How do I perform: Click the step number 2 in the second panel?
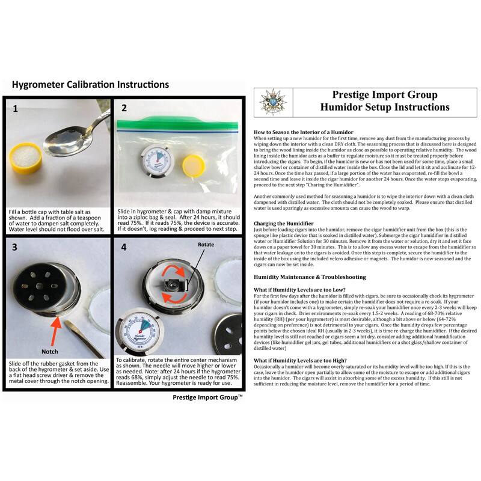click(x=124, y=109)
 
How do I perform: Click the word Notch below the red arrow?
click(x=50, y=351)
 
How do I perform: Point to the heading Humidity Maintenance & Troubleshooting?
click(x=309, y=277)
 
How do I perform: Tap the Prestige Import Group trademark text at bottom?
click(x=207, y=397)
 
